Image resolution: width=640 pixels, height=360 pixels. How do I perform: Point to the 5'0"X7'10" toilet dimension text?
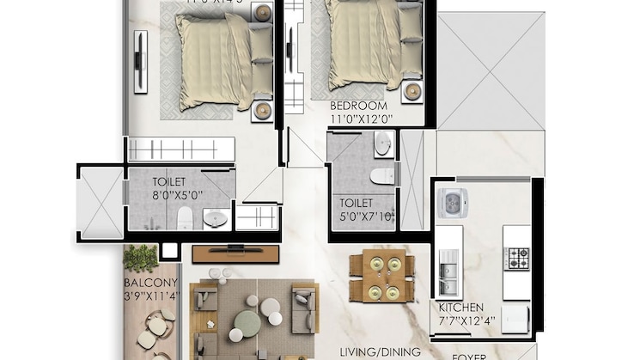click(x=368, y=216)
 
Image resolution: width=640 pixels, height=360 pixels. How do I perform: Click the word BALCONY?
click(x=150, y=283)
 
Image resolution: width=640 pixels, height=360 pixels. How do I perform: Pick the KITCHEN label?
click(x=460, y=307)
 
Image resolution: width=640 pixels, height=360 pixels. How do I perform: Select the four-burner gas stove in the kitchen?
click(x=516, y=258)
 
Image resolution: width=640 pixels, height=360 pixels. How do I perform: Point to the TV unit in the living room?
click(x=235, y=253)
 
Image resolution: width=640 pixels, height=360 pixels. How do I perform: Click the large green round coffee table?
click(x=247, y=322)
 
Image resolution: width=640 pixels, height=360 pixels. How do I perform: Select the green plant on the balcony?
click(x=141, y=258)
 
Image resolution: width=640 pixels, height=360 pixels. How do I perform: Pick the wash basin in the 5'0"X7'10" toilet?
click(x=382, y=143)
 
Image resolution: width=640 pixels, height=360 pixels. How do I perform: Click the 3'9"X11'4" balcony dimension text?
click(x=150, y=298)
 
